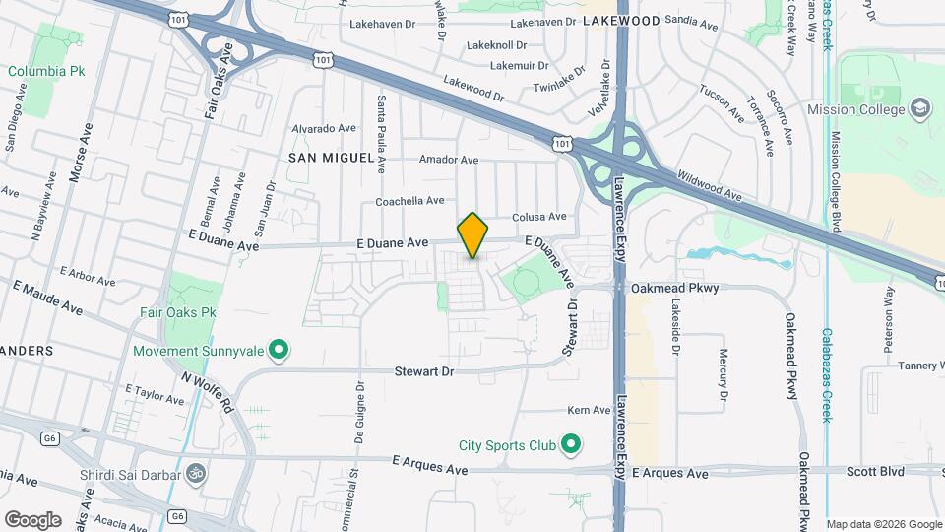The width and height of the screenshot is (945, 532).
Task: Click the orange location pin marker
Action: pyautogui.click(x=472, y=234)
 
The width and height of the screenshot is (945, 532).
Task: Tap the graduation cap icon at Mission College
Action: pyautogui.click(x=920, y=108)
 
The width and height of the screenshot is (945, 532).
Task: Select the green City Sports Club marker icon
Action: pyautogui.click(x=570, y=445)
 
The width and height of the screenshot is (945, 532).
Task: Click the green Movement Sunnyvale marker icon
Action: pyautogui.click(x=279, y=349)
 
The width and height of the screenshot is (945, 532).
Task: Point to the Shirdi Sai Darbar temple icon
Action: pyautogui.click(x=197, y=474)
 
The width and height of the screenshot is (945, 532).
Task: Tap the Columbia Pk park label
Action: pyautogui.click(x=47, y=71)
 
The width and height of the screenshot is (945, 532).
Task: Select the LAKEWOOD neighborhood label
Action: pyautogui.click(x=621, y=20)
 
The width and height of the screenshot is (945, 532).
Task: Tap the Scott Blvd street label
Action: pyautogui.click(x=875, y=472)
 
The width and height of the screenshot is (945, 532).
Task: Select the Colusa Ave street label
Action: pyautogui.click(x=539, y=217)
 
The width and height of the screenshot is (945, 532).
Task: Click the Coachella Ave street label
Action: pyautogui.click(x=409, y=201)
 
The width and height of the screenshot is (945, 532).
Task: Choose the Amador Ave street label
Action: pyautogui.click(x=448, y=160)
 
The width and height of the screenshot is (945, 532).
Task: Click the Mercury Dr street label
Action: pyautogui.click(x=723, y=374)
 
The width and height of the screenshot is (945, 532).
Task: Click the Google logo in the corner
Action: pyautogui.click(x=32, y=519)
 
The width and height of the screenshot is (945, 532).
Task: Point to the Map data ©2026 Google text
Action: pyautogui.click(x=883, y=524)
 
